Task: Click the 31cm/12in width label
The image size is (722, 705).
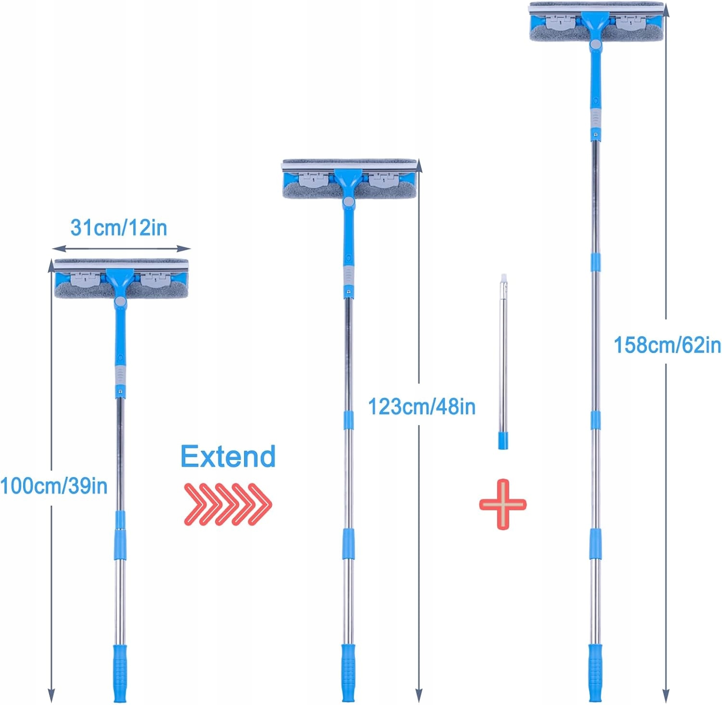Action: click(x=119, y=227)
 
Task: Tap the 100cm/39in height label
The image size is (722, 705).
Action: click(x=54, y=485)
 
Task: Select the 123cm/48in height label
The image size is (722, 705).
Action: click(x=422, y=407)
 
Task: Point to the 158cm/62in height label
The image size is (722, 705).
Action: click(x=667, y=345)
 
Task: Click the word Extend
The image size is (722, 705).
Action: click(x=228, y=456)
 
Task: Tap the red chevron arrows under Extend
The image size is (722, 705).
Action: click(x=228, y=504)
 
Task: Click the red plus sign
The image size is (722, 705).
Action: click(x=503, y=504)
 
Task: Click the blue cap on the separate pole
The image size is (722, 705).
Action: click(x=503, y=440)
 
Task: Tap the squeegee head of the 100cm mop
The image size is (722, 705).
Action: click(x=121, y=279)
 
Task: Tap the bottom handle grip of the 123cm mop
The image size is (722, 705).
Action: click(x=348, y=672)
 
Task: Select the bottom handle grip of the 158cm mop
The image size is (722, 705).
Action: click(x=595, y=672)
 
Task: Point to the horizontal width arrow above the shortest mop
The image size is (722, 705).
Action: click(x=121, y=248)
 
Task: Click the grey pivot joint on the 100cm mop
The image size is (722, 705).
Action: click(x=120, y=302)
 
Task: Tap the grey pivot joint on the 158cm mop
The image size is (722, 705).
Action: click(x=596, y=45)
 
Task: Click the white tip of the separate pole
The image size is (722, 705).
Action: click(x=503, y=277)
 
